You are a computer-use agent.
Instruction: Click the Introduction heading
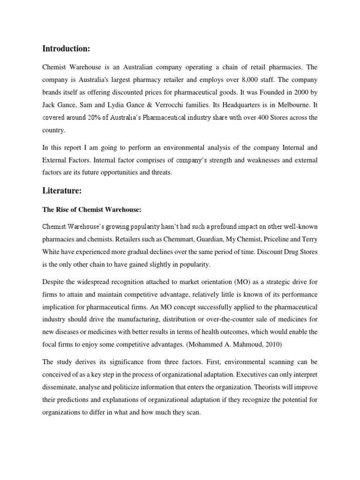click(x=66, y=48)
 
